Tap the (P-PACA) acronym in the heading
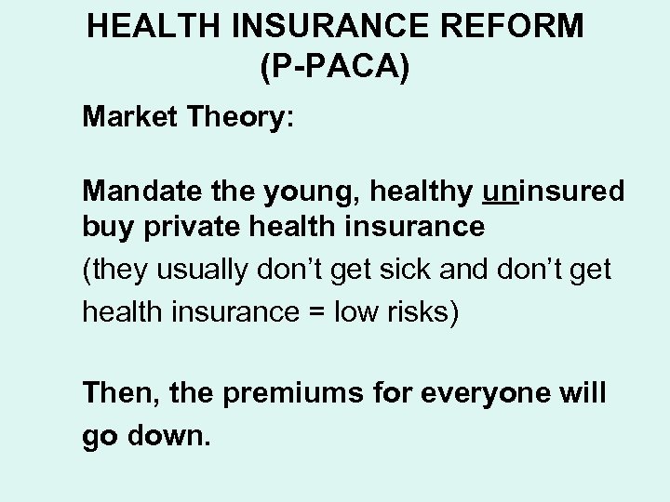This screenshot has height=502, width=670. [x=336, y=66]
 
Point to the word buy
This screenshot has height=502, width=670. [x=105, y=227]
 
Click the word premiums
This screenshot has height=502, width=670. [x=305, y=393]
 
